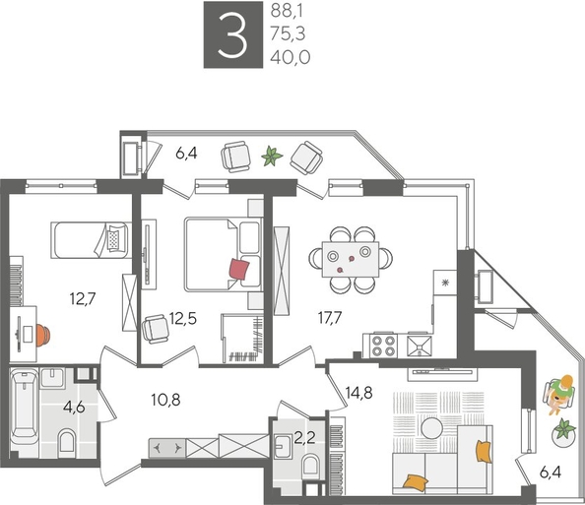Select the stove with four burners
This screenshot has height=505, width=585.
380,347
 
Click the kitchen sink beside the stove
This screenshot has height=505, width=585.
420,346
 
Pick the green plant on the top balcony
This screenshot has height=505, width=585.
272,155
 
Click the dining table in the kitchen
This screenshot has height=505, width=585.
348,259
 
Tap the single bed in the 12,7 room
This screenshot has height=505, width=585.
90,239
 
